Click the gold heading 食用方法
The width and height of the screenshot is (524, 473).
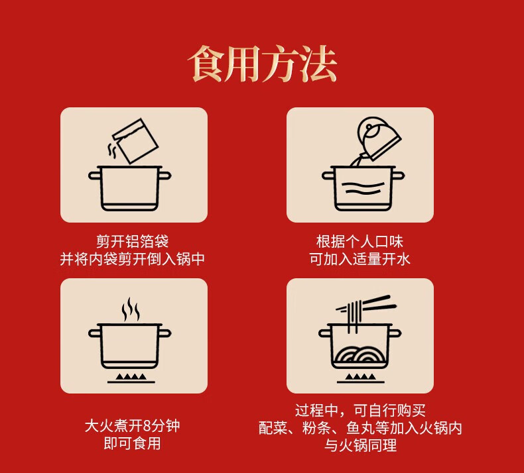(263, 64)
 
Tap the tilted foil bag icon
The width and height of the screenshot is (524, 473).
(135, 141)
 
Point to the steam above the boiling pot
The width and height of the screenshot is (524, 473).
(130, 309)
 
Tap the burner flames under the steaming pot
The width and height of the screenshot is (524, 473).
(131, 378)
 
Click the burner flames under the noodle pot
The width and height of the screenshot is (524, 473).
(360, 378)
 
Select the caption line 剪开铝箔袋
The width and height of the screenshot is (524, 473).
(133, 241)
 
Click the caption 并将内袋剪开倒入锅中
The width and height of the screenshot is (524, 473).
(133, 259)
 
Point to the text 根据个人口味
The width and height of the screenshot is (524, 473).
(360, 241)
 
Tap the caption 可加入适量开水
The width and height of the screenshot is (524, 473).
(360, 259)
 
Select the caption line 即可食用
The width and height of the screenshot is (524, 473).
(133, 444)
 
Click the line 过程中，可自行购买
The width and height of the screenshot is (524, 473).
(360, 411)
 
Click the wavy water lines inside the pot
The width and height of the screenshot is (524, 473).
(363, 188)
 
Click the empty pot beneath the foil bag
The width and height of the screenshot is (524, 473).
(129, 188)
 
